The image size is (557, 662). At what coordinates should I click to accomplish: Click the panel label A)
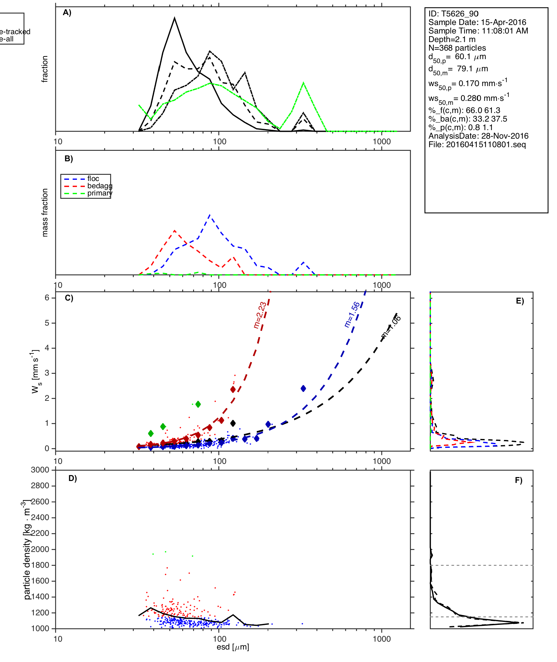pos(67,13)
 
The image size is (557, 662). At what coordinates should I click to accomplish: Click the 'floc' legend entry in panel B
pos(93,179)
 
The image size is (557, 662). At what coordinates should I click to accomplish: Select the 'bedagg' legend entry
pos(100,186)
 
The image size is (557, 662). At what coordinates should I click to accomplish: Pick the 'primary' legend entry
pos(100,193)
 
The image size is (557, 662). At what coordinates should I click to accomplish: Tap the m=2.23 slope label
pos(260,315)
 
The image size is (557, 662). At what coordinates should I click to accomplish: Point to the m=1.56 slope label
pos(352,314)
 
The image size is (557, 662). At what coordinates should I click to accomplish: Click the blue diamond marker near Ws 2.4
pos(303,389)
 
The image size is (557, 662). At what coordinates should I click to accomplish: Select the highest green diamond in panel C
pos(198,404)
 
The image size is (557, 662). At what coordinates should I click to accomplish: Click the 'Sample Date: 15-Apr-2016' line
pos(477,22)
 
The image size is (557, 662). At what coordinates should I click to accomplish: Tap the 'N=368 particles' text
pos(457,48)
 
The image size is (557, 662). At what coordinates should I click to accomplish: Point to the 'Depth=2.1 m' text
pos(452,39)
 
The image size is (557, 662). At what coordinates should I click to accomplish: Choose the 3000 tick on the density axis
pos(40,470)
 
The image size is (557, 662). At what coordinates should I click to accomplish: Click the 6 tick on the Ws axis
pos(47,298)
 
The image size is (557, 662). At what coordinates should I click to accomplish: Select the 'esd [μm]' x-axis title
pos(233,647)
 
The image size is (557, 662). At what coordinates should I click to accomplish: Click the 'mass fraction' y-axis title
pos(45,213)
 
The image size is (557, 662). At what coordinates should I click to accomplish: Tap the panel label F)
pos(519,481)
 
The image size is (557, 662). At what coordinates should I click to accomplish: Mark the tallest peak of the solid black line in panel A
pos(175,18)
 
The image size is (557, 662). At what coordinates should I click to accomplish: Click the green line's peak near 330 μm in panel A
pos(303,83)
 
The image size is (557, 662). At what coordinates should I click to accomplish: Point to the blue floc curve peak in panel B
pos(210,215)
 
